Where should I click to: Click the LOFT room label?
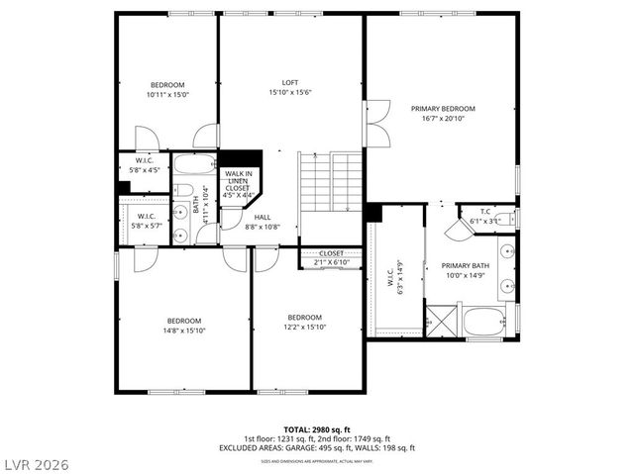pyautogui.click(x=290, y=83)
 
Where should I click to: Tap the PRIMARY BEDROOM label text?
pyautogui.click(x=443, y=109)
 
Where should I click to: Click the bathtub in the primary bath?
pyautogui.click(x=485, y=321)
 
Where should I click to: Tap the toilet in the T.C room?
pyautogui.click(x=503, y=219)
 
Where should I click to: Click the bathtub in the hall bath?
pyautogui.click(x=187, y=164)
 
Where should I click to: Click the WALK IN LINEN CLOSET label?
pyautogui.click(x=238, y=184)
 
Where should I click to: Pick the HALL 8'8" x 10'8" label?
pyautogui.click(x=263, y=222)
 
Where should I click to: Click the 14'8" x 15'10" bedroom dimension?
pyautogui.click(x=184, y=331)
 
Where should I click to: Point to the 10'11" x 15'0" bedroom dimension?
pyautogui.click(x=167, y=95)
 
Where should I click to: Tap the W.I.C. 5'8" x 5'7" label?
pyautogui.click(x=146, y=220)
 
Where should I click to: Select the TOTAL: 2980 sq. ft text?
pyautogui.click(x=317, y=429)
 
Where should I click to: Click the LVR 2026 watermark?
pyautogui.click(x=37, y=461)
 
